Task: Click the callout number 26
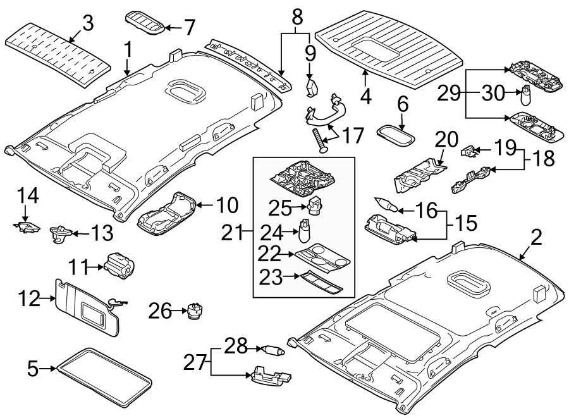click(x=159, y=310)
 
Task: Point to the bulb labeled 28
click(x=274, y=348)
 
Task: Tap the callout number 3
click(x=87, y=23)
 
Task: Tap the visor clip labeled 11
click(x=121, y=266)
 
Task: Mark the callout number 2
click(x=535, y=238)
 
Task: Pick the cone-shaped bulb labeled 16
click(x=385, y=204)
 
